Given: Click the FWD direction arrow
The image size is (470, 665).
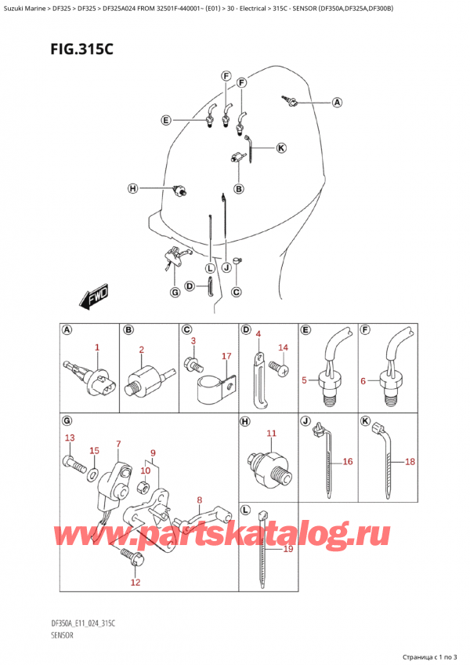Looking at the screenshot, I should (93, 300).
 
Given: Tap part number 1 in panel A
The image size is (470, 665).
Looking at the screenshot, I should (97, 347).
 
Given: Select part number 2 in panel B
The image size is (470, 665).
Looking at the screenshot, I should (141, 350).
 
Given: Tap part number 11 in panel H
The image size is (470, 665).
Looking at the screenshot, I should (272, 433).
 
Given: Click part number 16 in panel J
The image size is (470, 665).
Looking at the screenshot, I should (348, 462).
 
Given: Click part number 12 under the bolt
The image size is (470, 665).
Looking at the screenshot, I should (135, 583).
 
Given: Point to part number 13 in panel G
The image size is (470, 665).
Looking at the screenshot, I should (69, 438).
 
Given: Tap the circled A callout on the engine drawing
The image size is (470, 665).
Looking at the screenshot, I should (337, 102).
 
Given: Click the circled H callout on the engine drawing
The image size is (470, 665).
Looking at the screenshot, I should (132, 188).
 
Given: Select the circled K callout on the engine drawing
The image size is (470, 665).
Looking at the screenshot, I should (280, 147).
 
